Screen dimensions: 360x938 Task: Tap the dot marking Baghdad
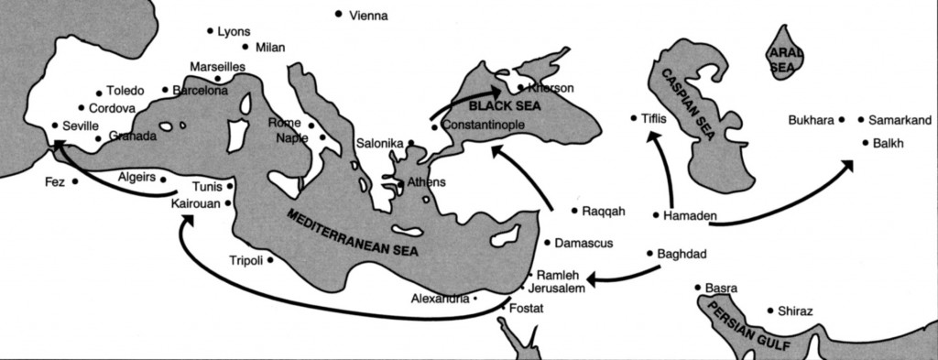649,253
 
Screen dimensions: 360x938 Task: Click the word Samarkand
900,119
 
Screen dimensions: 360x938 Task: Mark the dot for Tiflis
634,117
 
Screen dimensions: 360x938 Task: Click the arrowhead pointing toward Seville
58,145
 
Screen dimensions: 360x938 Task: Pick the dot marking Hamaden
656,215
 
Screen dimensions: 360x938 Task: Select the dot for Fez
74,181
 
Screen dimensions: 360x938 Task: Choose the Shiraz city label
794,311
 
